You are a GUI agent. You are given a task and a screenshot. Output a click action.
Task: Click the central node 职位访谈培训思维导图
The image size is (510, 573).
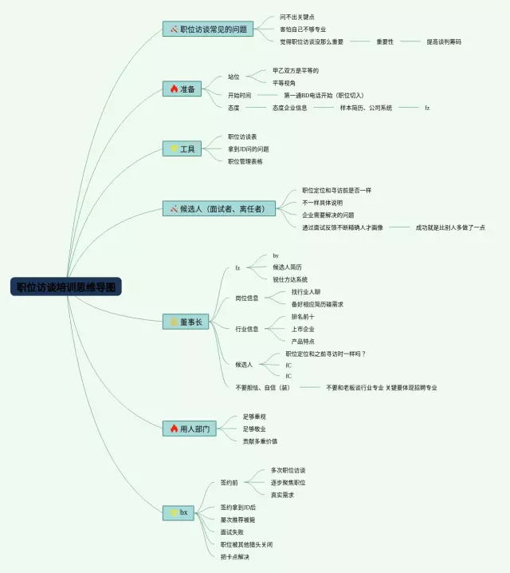coord(66,286)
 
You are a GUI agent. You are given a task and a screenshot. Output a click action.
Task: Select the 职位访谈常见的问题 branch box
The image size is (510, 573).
coord(208,30)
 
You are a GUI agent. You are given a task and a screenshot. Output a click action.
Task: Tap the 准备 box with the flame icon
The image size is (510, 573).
coord(182,89)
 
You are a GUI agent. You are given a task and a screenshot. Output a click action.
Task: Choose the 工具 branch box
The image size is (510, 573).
coord(182,148)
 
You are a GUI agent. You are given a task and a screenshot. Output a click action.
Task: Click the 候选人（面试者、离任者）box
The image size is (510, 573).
coord(218,209)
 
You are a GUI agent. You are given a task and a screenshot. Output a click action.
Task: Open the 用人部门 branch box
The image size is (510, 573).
coord(189,429)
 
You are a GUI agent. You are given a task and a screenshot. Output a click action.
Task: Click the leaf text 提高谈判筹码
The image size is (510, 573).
coord(443,41)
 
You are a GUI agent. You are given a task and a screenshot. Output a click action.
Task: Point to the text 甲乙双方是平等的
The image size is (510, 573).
coord(295,70)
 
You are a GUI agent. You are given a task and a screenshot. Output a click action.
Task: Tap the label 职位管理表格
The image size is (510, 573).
coord(245,161)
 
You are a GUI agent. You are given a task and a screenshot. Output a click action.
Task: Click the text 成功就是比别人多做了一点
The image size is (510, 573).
coord(450,227)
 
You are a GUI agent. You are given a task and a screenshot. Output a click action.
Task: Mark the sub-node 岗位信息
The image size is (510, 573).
coord(246,298)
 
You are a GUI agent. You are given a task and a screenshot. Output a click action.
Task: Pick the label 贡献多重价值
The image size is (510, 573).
coord(260,441)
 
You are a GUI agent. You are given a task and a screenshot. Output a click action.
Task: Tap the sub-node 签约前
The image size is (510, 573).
coord(229,483)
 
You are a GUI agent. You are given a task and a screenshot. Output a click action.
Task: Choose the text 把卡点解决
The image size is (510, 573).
coord(235,556)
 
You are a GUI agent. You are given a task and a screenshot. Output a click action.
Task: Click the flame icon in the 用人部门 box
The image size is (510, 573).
coord(174,429)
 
